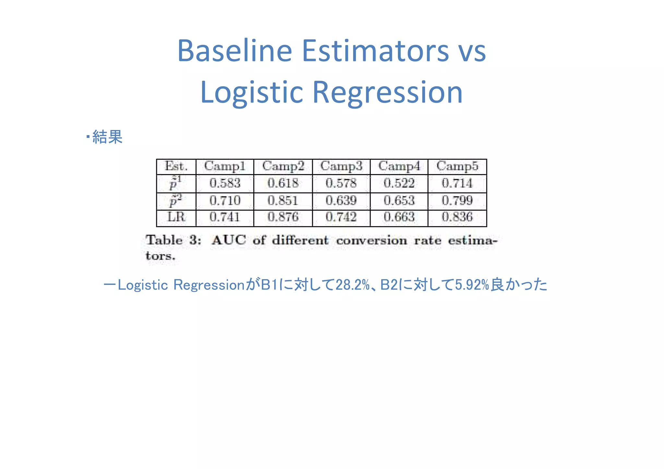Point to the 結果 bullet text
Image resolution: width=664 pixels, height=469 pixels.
pyautogui.click(x=107, y=137)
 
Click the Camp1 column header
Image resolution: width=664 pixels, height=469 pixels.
pyautogui.click(x=225, y=166)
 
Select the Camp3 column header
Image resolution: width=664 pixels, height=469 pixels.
pyautogui.click(x=341, y=166)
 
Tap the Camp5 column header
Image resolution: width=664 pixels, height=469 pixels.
pyautogui.click(x=457, y=166)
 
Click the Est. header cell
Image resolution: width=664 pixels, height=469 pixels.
pyautogui.click(x=176, y=166)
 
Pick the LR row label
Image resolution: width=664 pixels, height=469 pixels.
pyautogui.click(x=176, y=217)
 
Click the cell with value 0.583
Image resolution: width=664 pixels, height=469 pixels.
pyautogui.click(x=225, y=183)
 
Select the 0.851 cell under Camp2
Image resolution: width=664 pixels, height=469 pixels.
pyautogui.click(x=283, y=201)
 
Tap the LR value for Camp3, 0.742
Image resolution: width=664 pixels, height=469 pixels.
pyautogui.click(x=341, y=217)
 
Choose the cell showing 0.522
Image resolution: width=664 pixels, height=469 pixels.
pyautogui.click(x=399, y=183)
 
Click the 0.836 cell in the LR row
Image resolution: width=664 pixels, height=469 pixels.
pyautogui.click(x=457, y=217)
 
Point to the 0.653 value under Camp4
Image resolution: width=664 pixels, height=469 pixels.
pyautogui.click(x=399, y=201)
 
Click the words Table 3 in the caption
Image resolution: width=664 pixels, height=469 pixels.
pyautogui.click(x=173, y=240)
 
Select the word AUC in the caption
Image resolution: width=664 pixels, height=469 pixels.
pyautogui.click(x=229, y=240)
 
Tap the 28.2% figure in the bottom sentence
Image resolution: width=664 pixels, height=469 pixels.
pyautogui.click(x=352, y=285)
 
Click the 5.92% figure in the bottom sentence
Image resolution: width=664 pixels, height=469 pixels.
pyautogui.click(x=472, y=285)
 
